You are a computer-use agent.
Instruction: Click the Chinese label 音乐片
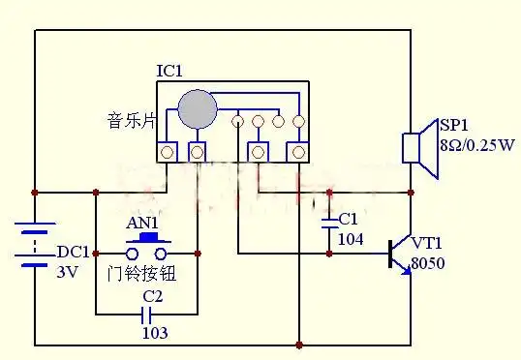(x=130, y=122)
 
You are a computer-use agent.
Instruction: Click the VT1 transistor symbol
(x=396, y=255)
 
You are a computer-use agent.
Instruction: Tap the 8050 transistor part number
(x=427, y=262)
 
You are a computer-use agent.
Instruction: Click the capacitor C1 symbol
(x=329, y=223)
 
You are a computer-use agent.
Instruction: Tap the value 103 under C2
(x=154, y=332)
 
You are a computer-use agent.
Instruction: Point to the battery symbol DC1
(x=35, y=244)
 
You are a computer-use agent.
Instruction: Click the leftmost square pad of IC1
(x=168, y=152)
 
